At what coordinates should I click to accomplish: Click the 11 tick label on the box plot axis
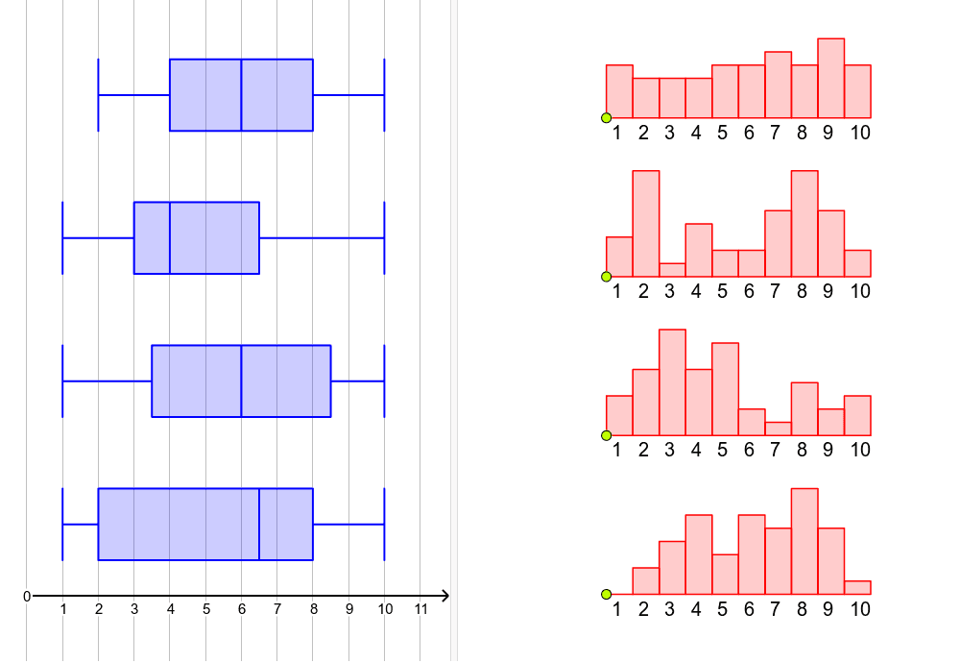click(420, 609)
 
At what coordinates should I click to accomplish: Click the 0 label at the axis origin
click(27, 597)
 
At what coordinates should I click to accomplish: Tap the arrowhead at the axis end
click(444, 596)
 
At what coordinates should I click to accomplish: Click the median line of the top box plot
click(241, 94)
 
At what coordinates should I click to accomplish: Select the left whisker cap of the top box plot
click(98, 94)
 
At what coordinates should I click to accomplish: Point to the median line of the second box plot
click(170, 237)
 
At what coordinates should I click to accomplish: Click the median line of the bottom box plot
click(259, 524)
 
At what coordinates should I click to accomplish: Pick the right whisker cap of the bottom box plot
click(384, 524)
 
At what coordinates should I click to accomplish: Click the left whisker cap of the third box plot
click(62, 381)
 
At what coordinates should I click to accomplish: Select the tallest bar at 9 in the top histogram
click(831, 78)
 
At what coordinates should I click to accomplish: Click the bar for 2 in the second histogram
click(646, 224)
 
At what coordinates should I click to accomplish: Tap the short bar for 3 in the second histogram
click(672, 270)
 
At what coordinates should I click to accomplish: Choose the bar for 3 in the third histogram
click(672, 382)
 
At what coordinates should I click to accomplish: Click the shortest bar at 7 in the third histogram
click(779, 429)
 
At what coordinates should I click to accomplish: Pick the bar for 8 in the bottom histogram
click(804, 542)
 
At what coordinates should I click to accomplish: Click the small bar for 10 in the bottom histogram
click(858, 588)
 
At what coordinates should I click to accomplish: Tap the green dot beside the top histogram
click(606, 118)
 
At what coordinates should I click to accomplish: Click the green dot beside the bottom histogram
click(606, 595)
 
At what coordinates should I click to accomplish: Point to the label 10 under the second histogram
click(860, 290)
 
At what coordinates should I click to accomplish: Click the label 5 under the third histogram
click(722, 450)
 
